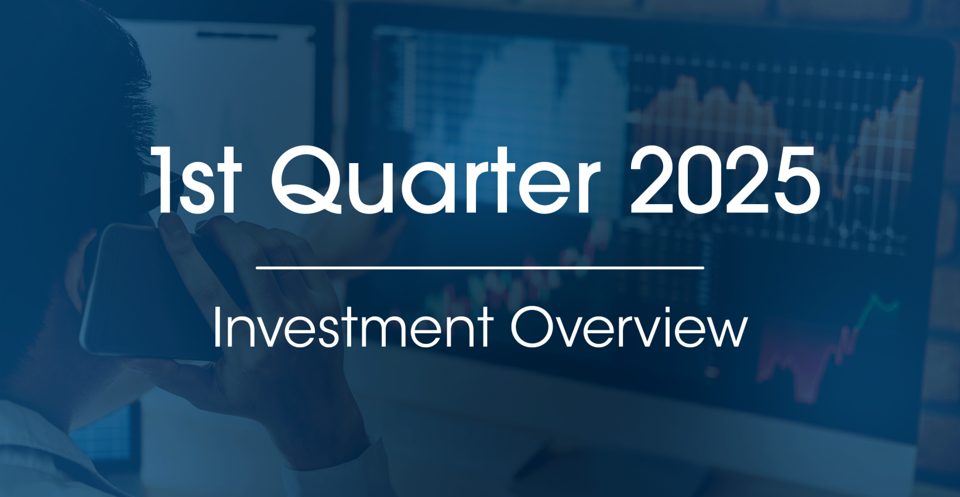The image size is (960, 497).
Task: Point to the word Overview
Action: [x=629, y=327]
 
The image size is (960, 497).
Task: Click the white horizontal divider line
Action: [x=480, y=268]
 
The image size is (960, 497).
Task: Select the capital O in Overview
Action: [x=530, y=327]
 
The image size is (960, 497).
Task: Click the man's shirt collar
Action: [x=35, y=444]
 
